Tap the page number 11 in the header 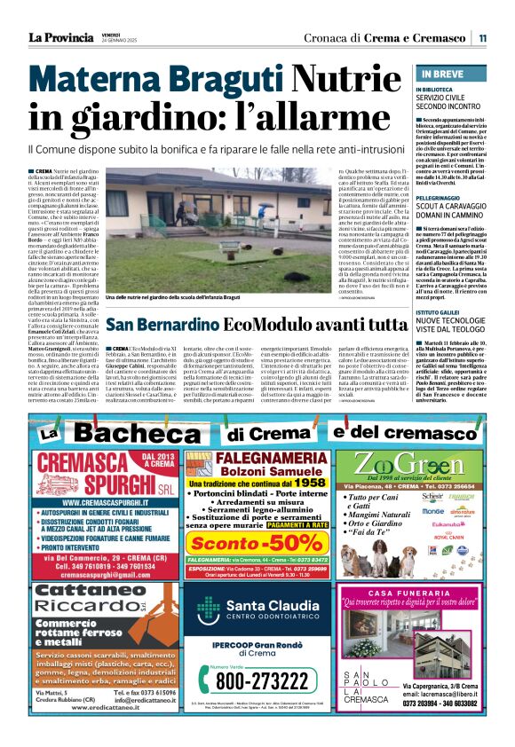pyautogui.click(x=482, y=38)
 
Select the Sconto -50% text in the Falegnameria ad pyautogui.click(x=257, y=542)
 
